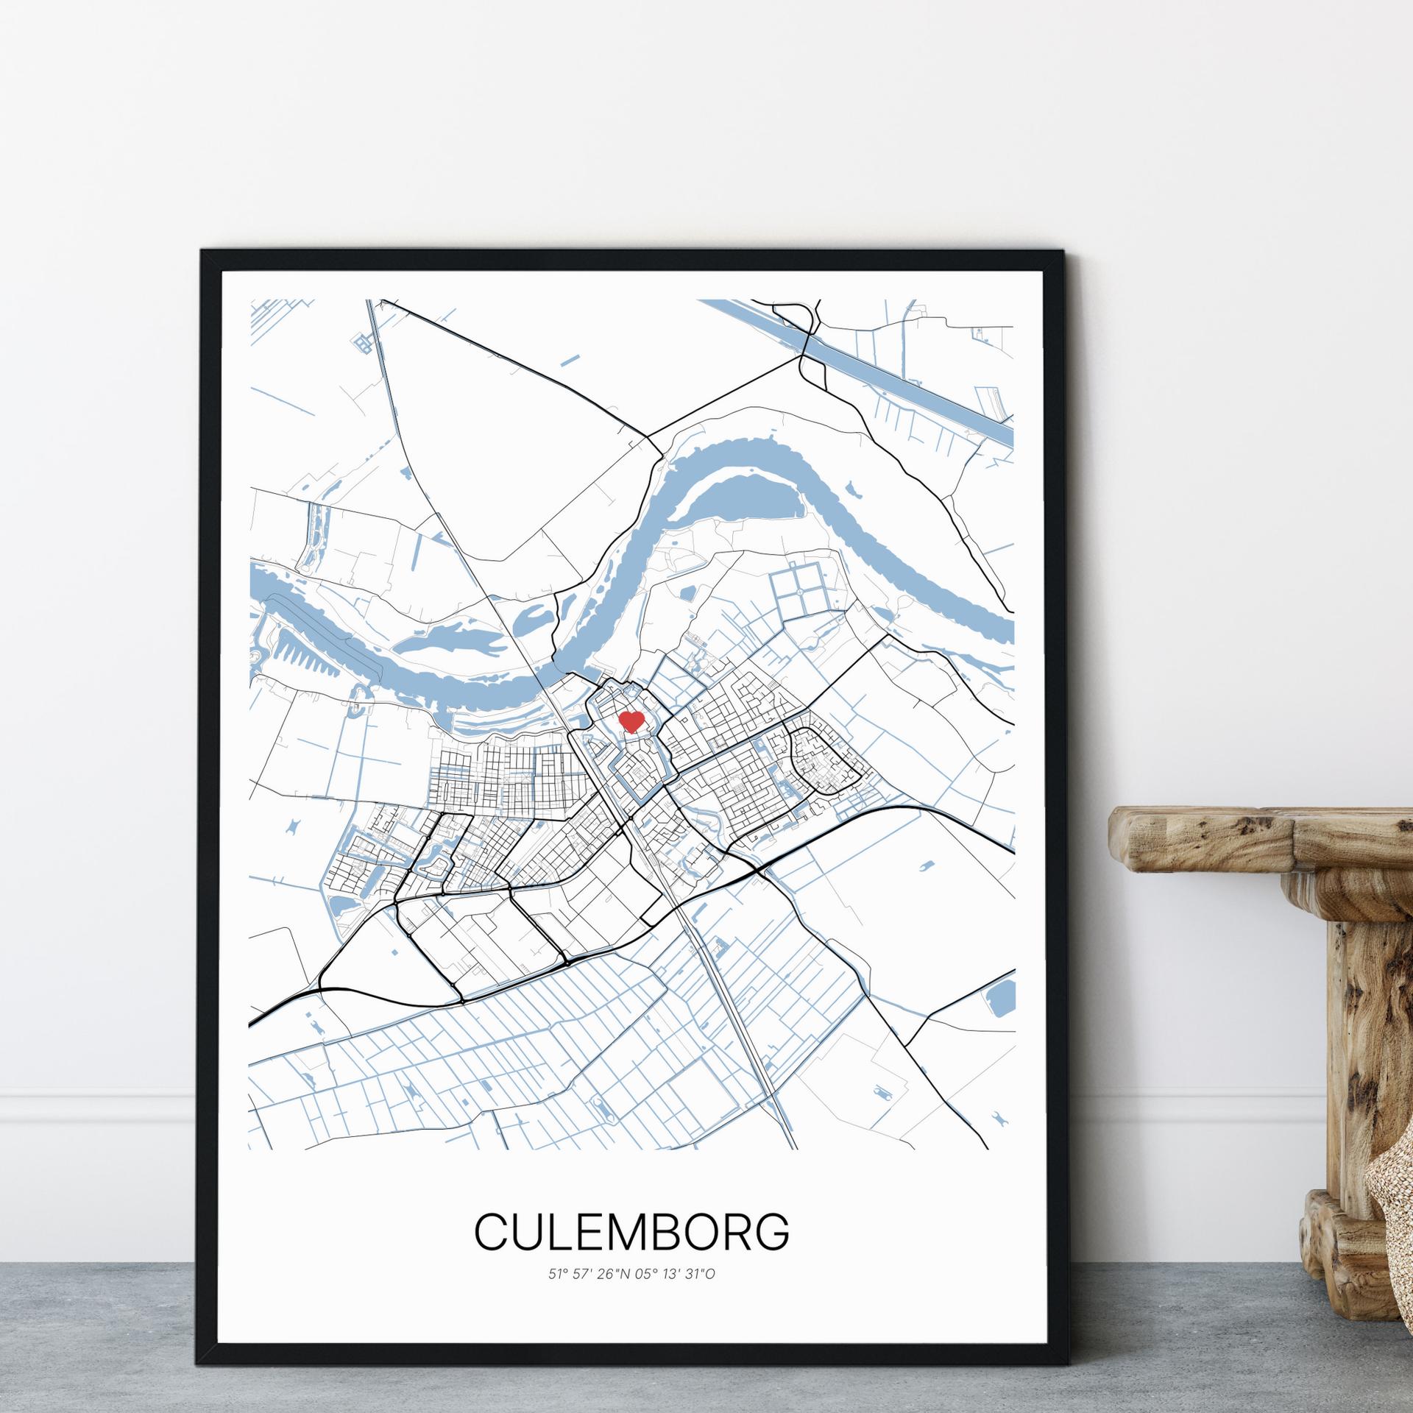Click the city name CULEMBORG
click(x=631, y=1230)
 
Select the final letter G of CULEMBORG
click(x=773, y=1230)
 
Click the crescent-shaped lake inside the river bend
click(x=743, y=500)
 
